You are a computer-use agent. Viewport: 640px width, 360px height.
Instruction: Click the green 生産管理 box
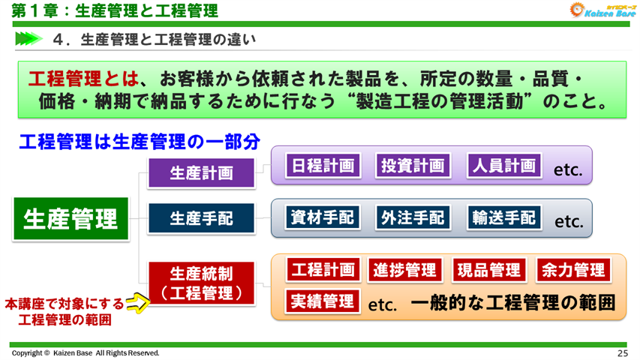tap(71, 218)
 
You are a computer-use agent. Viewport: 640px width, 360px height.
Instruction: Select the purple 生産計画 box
tap(201, 173)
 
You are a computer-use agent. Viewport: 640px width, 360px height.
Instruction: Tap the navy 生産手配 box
tap(201, 218)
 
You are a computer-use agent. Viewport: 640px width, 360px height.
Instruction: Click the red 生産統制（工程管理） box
tap(201, 283)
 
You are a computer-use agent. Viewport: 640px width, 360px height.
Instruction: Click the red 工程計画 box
tap(323, 270)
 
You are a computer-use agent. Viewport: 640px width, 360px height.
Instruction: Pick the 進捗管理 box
tap(405, 270)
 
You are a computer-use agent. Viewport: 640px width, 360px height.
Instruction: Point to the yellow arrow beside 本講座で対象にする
tap(135, 303)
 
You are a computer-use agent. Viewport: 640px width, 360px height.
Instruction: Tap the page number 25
tap(623, 352)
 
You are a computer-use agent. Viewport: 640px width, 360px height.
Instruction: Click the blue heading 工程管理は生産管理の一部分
tap(139, 142)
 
